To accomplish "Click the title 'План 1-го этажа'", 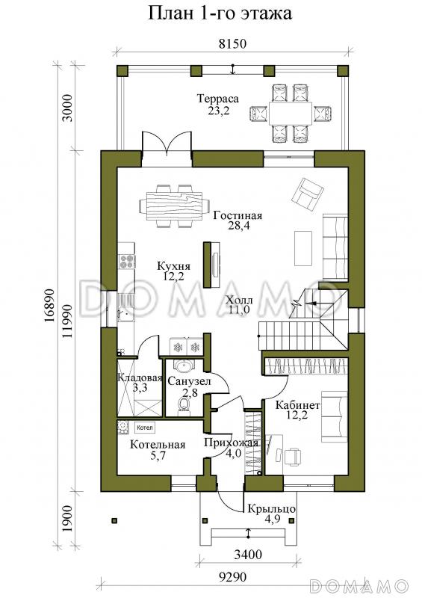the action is click(220, 13).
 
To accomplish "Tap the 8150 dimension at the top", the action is click(232, 44).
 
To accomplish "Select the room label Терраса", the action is click(218, 99).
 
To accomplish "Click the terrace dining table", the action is click(291, 113).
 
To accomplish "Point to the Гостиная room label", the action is click(238, 215).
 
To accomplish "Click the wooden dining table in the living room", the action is click(174, 206).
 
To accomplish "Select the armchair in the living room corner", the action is click(308, 194).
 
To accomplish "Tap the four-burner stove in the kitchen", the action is click(127, 262).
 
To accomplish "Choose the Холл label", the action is click(239, 300).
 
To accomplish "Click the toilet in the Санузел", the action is click(184, 404).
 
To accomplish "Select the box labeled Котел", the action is click(144, 428).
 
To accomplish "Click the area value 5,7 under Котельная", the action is click(157, 455).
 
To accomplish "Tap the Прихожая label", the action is click(232, 443).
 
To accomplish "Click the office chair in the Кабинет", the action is click(292, 457).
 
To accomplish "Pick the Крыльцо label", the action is click(272, 509).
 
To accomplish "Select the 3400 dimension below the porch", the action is click(248, 553).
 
